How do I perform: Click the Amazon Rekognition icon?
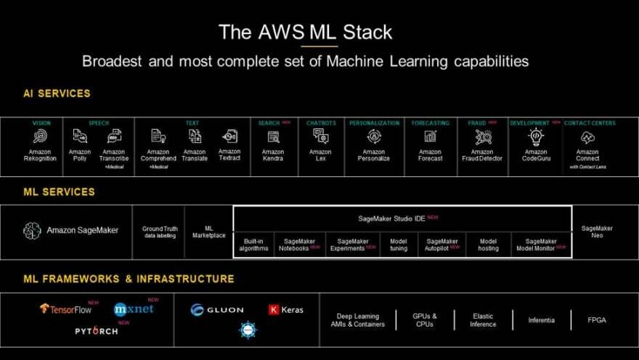40,136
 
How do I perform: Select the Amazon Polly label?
80,155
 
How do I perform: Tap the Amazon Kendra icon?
273,136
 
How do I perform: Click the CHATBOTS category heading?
320,123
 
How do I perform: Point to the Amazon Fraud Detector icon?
483,136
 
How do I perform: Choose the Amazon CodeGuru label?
536,155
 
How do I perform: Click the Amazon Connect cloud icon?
587,136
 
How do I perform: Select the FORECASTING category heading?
431,123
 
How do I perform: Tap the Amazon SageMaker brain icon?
32,231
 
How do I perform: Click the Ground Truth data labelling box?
158,232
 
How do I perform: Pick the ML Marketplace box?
208,232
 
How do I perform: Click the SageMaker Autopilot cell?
442,245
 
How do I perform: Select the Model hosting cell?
488,245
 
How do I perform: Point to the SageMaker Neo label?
597,232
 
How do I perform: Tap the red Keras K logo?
274,309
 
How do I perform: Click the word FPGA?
597,319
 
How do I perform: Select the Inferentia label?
542,319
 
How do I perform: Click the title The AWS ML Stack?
305,32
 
